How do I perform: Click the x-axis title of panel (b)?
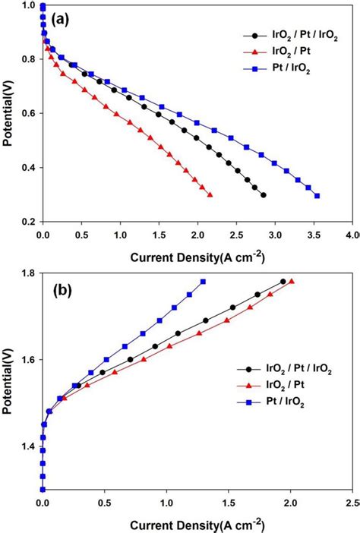point(197,525)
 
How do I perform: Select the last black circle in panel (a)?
point(263,195)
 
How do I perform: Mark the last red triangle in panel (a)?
point(210,195)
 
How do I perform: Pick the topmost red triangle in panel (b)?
point(291,281)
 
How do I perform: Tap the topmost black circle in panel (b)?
point(283,281)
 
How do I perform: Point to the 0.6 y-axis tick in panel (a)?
point(27,113)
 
